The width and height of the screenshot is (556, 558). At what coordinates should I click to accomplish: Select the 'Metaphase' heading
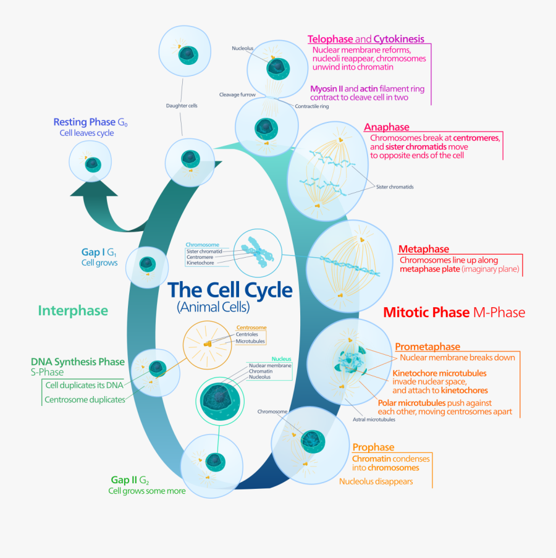coord(423,249)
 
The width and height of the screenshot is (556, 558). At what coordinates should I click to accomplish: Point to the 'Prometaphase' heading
coord(428,347)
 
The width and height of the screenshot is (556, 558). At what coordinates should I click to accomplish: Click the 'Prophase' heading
coord(373,447)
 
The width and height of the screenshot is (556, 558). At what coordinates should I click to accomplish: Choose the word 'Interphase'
coord(73,311)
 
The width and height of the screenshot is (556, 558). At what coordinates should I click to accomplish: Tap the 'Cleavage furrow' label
coord(237,95)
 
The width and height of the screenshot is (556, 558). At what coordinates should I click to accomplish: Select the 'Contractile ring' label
coord(312,106)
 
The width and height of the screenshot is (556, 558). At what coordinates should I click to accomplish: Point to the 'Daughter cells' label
coord(181,105)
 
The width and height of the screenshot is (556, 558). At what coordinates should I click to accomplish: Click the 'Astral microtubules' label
coord(374,420)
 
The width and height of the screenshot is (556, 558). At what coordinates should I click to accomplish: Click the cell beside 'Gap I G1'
coord(147,266)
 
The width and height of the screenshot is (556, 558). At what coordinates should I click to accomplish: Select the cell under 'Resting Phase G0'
coord(92,164)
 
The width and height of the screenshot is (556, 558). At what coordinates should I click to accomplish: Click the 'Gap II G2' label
coord(129,480)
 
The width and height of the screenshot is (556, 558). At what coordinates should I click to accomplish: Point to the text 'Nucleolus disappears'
coord(376,481)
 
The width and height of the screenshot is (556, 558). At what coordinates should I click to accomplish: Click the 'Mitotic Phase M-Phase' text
coord(454,313)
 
